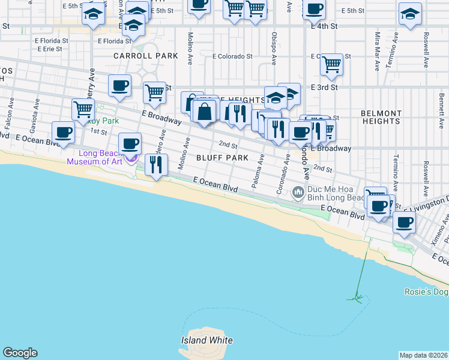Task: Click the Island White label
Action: coord(206,340)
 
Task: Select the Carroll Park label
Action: coord(146,56)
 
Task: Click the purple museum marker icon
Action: coord(133,158)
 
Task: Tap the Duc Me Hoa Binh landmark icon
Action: coord(297,193)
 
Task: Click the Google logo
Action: coord(20,353)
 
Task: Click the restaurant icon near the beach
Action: coord(156,163)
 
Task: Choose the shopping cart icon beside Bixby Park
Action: coord(83,109)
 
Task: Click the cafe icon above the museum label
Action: coord(130,144)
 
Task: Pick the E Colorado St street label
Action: coord(232,56)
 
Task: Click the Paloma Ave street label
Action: coord(258,171)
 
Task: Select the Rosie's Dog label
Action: coord(426,292)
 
